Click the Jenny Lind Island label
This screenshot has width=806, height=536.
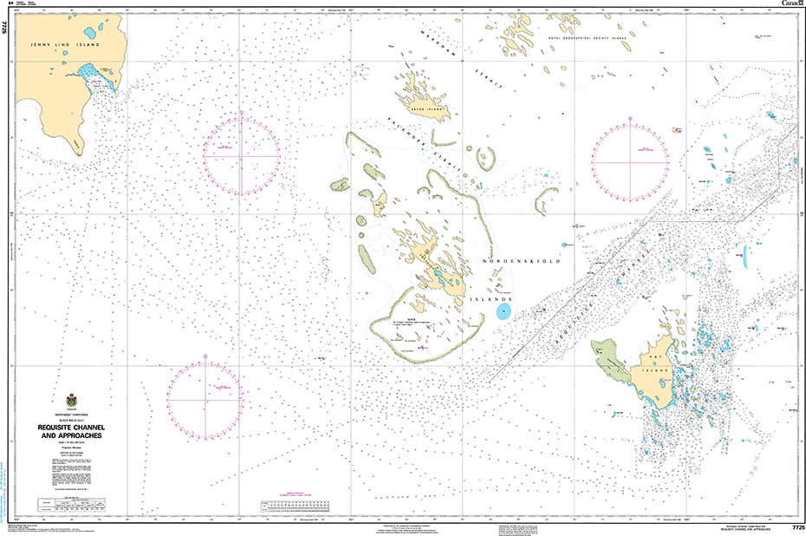pos(53,44)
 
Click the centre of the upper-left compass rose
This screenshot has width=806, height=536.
pos(242,154)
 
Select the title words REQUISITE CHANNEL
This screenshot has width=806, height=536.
pos(71,427)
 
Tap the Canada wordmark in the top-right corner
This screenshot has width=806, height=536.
pos(791,3)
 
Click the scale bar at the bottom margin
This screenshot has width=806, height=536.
pos(298,505)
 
